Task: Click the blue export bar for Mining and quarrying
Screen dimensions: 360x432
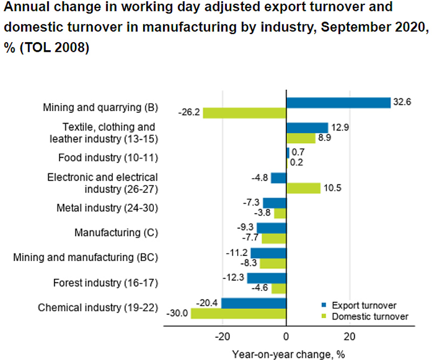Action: click(x=338, y=103)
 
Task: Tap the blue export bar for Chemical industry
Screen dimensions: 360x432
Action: click(x=253, y=303)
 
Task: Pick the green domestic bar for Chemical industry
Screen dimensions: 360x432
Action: click(x=238, y=313)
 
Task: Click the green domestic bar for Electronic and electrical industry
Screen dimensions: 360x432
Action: click(x=303, y=188)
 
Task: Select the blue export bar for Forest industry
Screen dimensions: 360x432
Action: click(x=266, y=278)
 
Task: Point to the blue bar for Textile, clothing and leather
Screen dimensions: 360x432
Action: click(x=307, y=127)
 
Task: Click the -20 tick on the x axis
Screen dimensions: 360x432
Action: click(x=222, y=337)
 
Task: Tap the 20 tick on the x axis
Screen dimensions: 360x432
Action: click(x=350, y=337)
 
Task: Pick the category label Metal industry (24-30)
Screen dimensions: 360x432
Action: click(x=107, y=208)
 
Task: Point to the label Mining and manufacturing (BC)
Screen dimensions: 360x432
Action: click(x=85, y=257)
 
